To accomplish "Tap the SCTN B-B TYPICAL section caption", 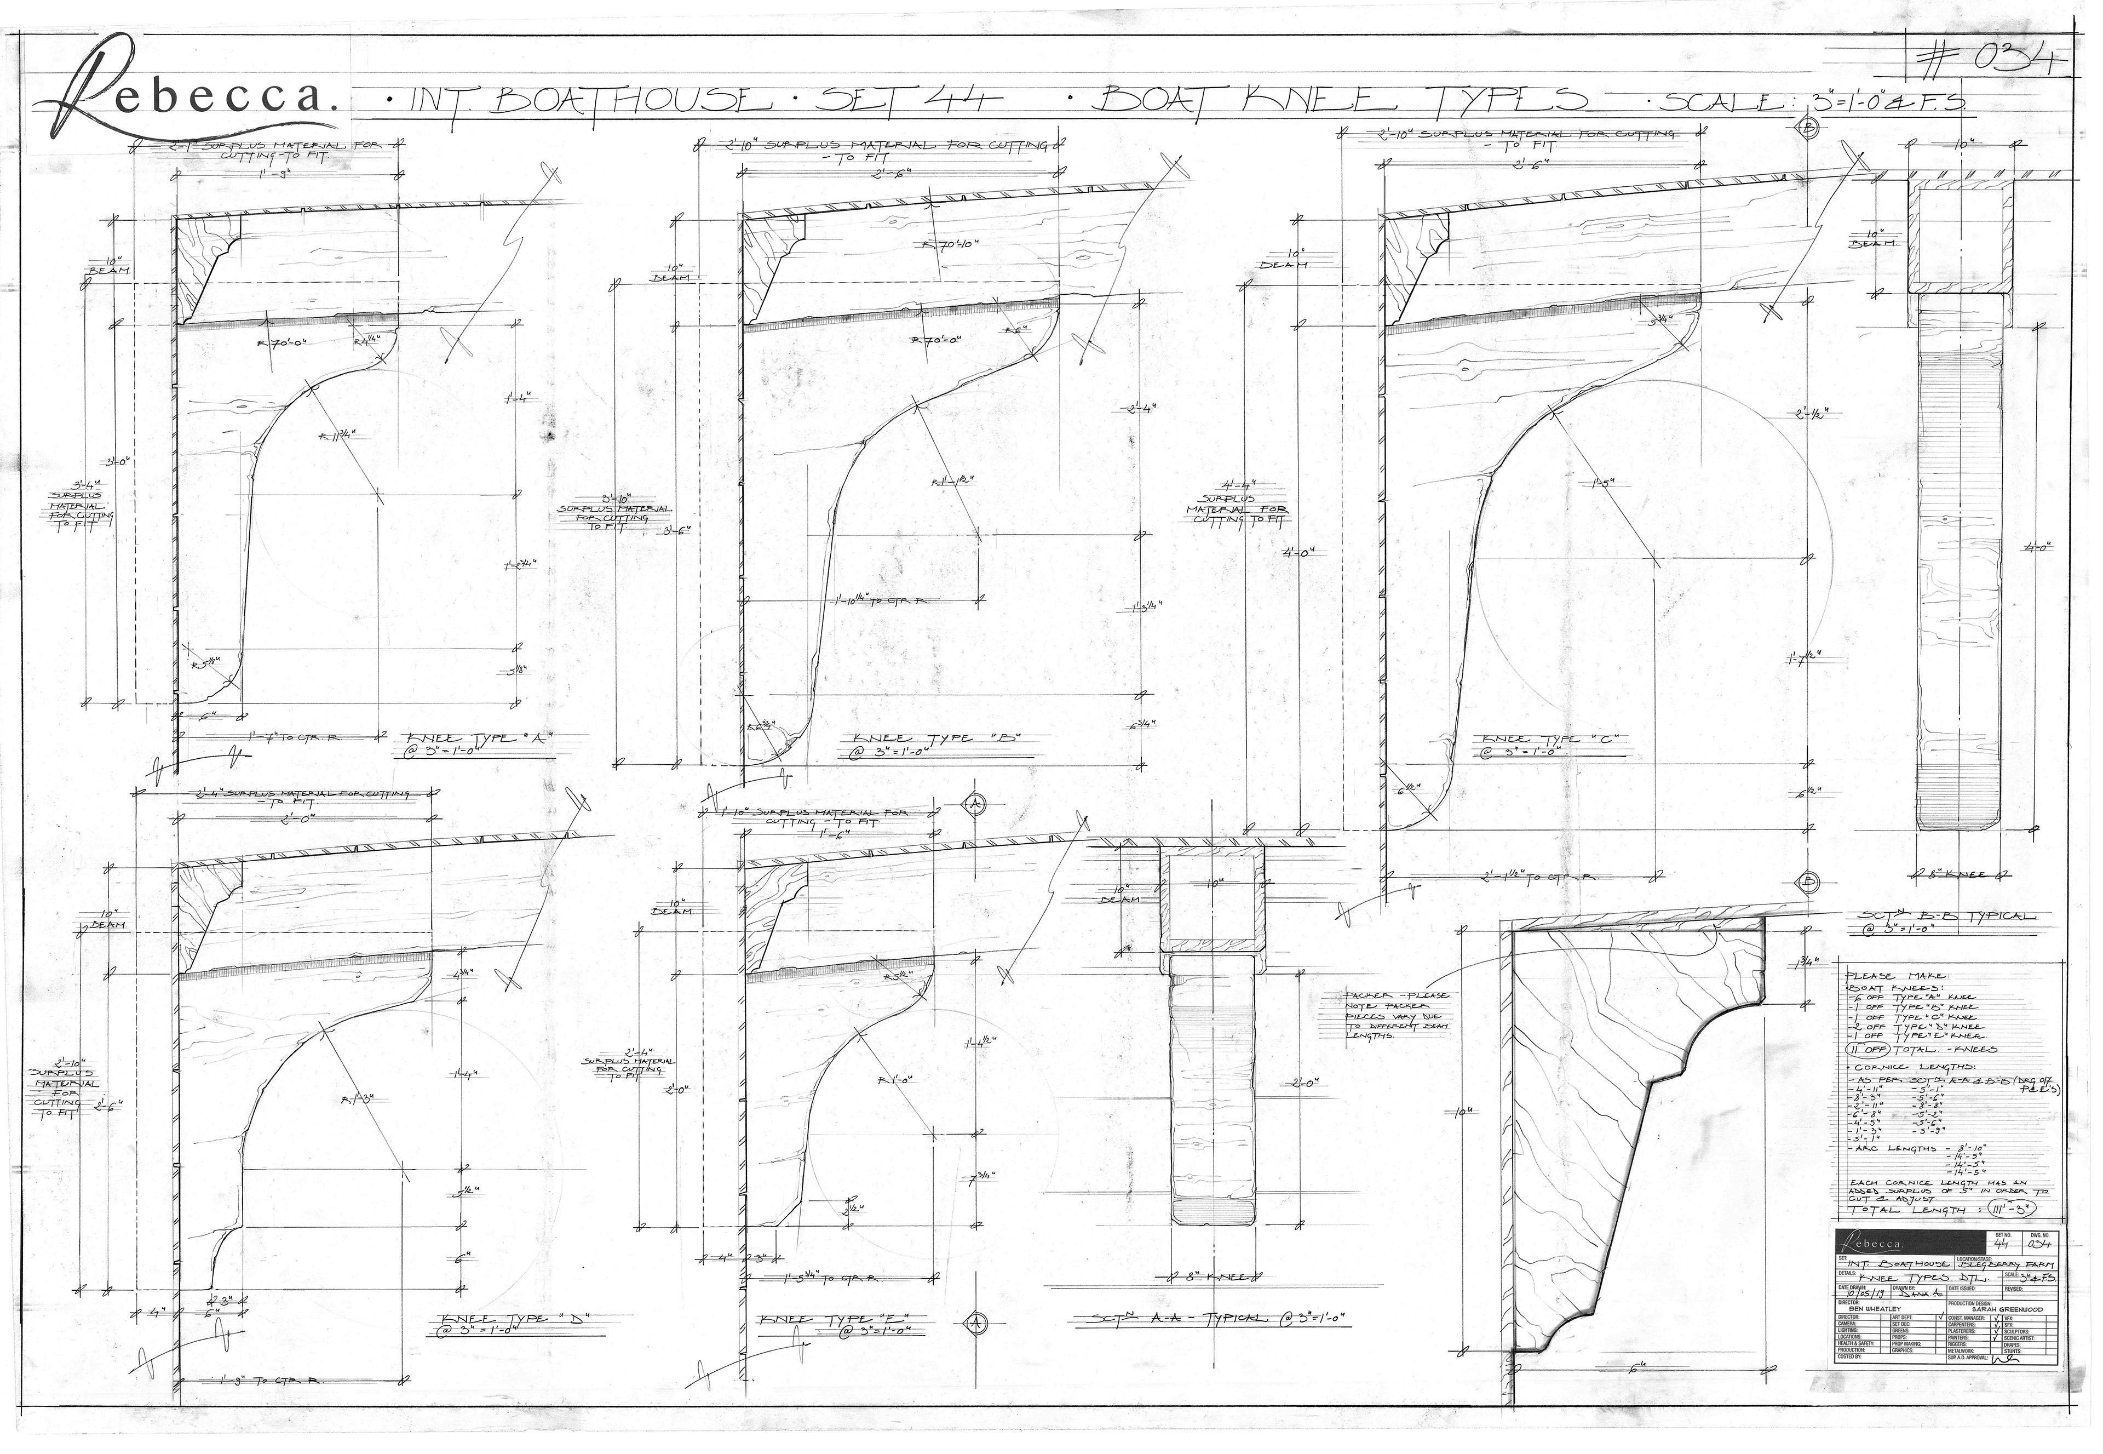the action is [1939, 915].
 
